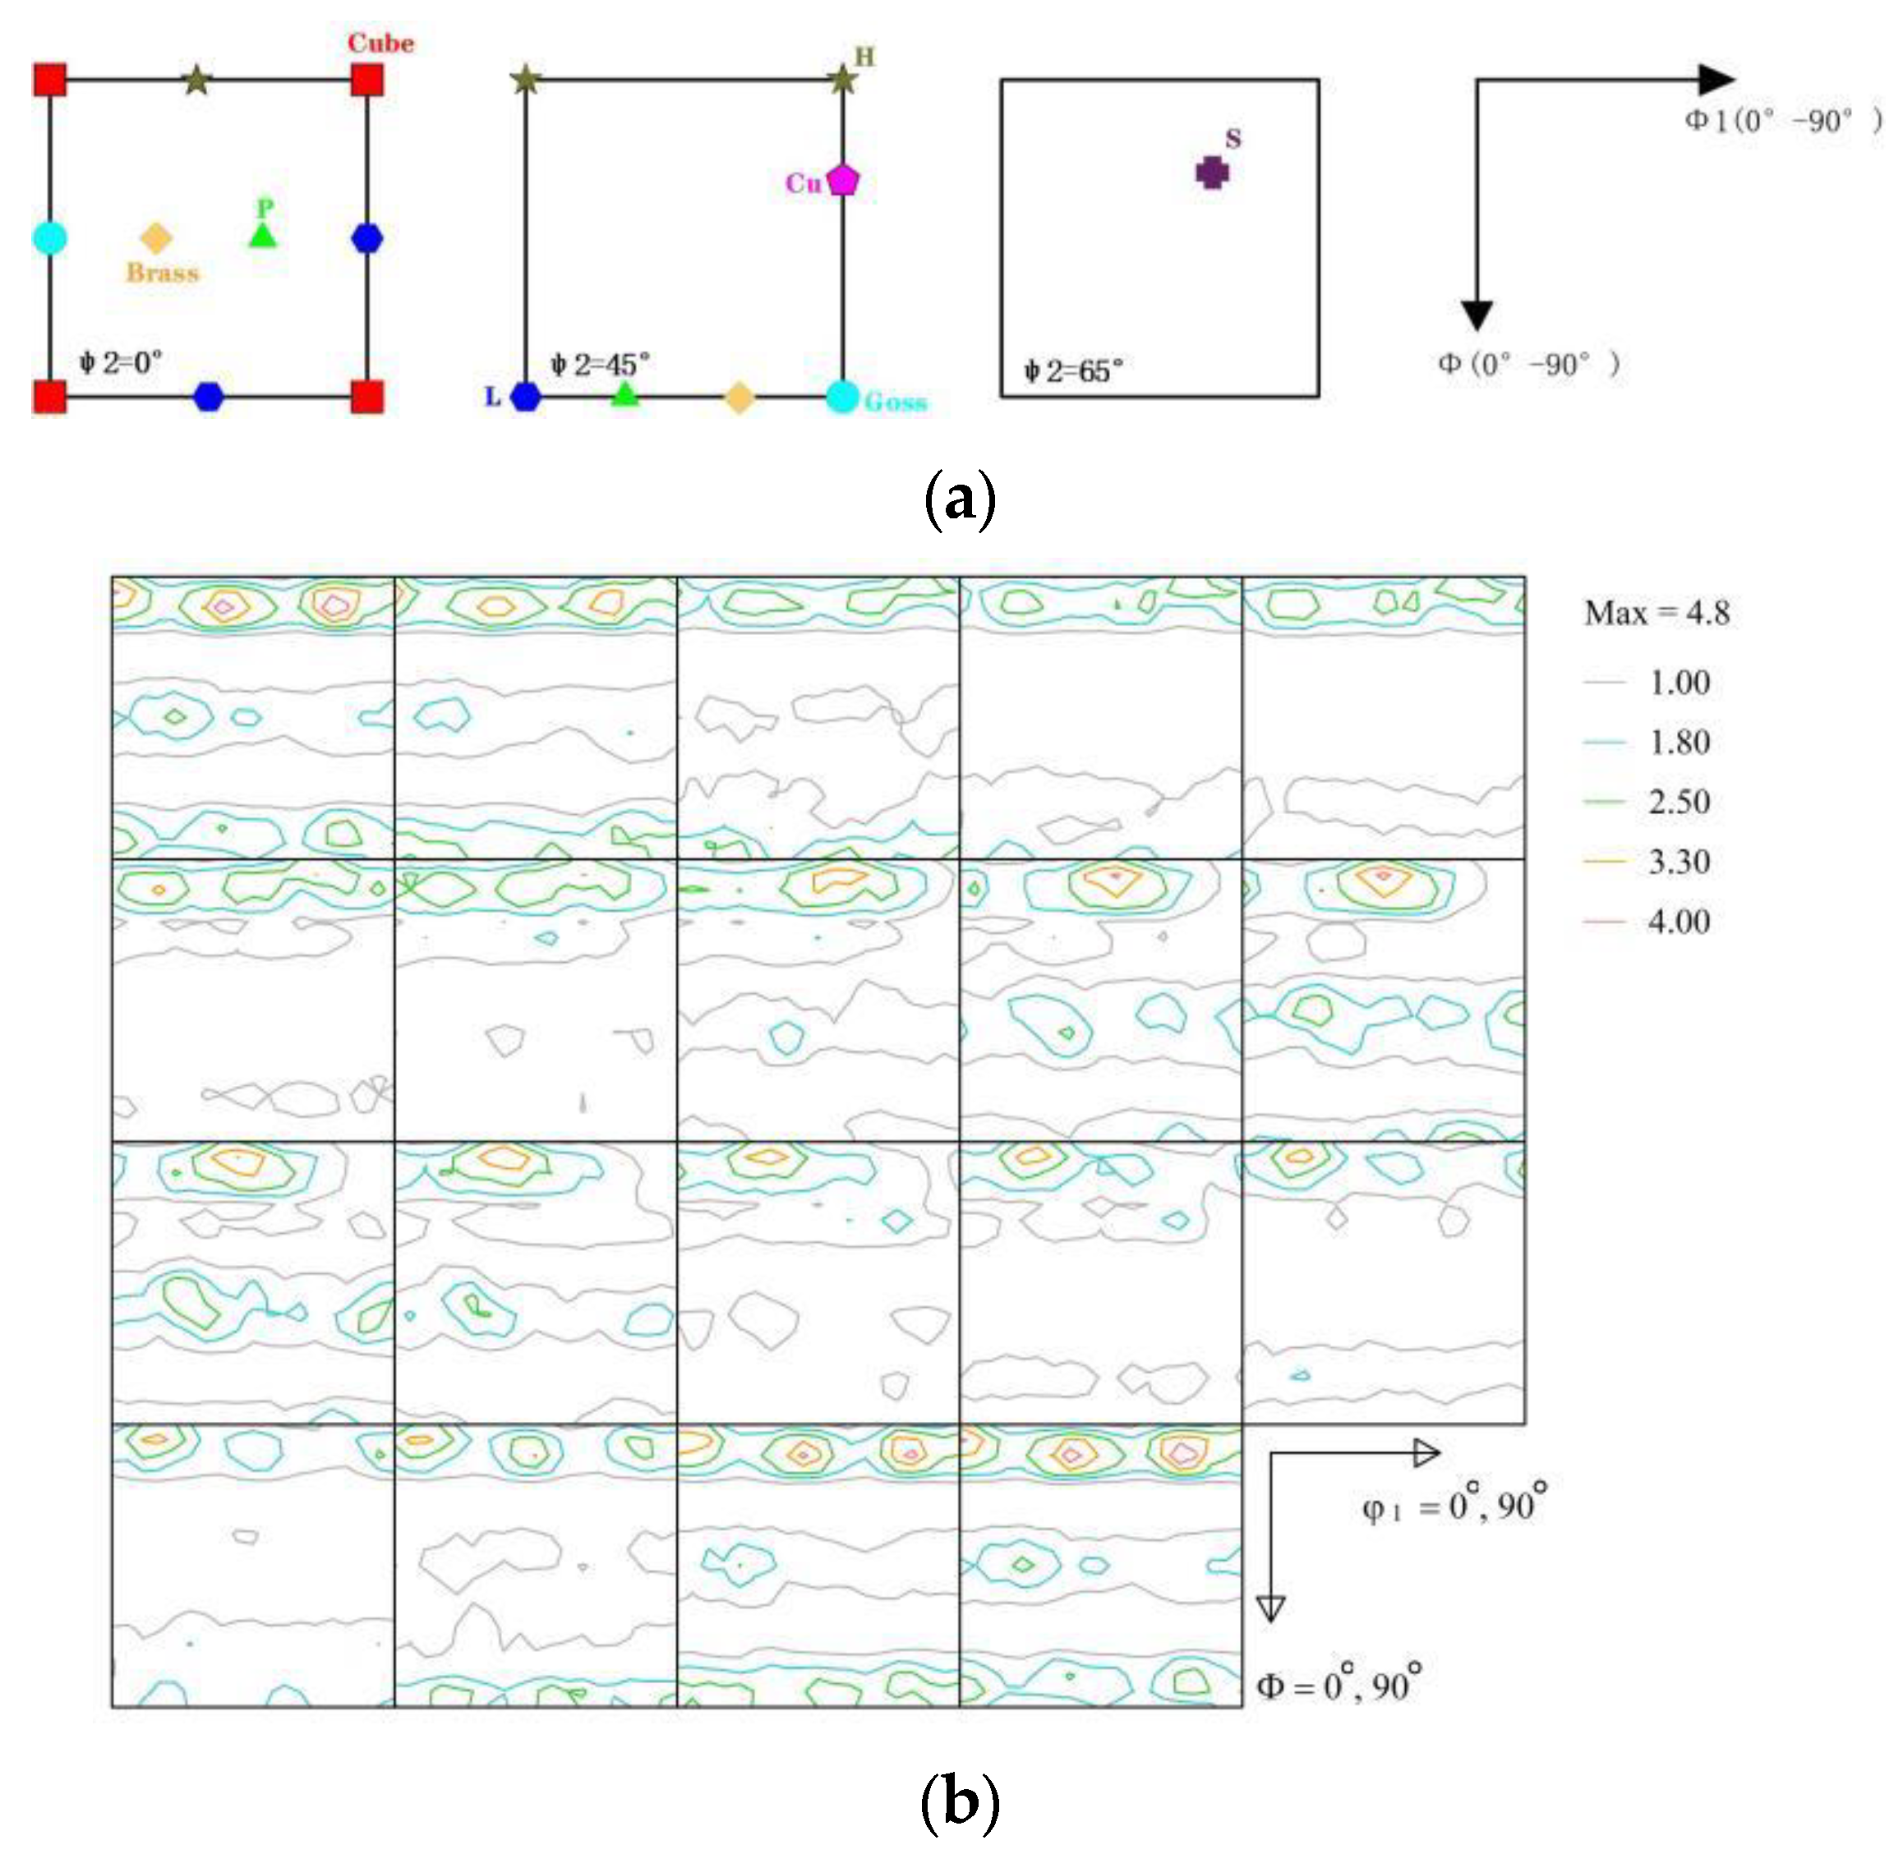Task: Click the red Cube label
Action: (380, 43)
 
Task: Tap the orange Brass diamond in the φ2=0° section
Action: (156, 238)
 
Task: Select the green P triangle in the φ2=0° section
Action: (263, 235)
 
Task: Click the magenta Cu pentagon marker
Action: (842, 180)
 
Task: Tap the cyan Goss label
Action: (895, 401)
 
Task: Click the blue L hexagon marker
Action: (526, 398)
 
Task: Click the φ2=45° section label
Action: (600, 366)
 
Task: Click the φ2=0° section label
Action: (121, 363)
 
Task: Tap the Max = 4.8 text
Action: (1656, 613)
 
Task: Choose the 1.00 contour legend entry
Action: (1678, 683)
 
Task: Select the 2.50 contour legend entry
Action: (1678, 803)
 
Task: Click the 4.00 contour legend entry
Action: (1678, 921)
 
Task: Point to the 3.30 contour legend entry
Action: (1678, 862)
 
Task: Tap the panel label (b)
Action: (958, 1801)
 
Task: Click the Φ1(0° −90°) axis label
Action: (1783, 121)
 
